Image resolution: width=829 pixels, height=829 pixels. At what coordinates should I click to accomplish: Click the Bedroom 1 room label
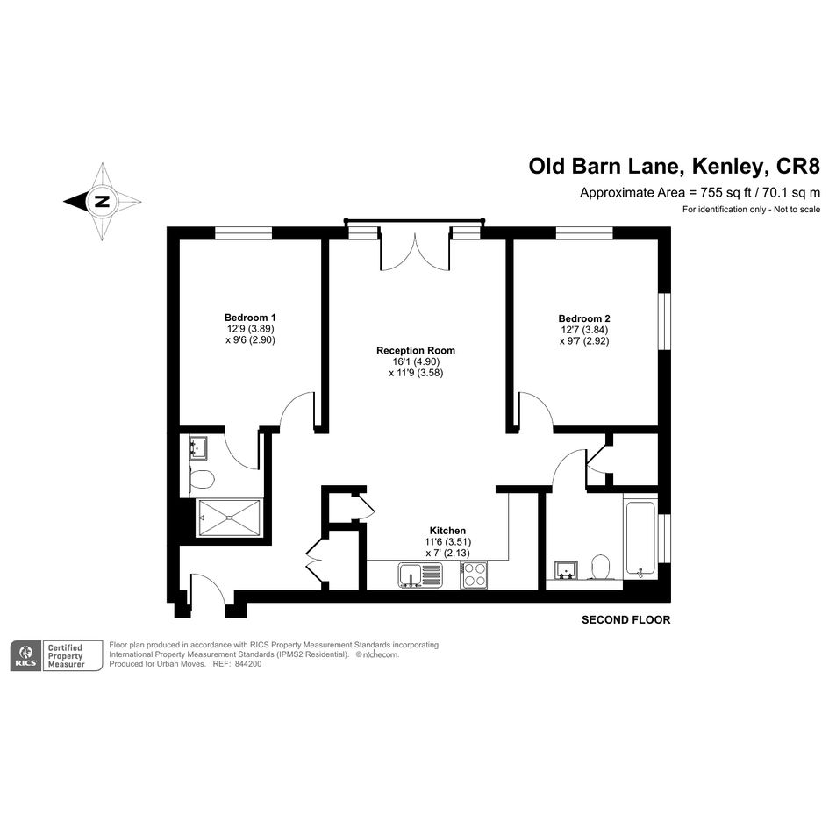(250, 318)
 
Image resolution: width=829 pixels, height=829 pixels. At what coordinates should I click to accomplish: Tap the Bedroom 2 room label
(584, 318)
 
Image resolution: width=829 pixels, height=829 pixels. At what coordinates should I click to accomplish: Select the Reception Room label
(416, 351)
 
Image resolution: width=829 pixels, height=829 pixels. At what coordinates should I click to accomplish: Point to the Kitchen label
(447, 531)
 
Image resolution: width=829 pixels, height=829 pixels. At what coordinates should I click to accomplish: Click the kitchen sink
(420, 575)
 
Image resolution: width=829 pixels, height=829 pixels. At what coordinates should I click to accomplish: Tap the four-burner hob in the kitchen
(474, 575)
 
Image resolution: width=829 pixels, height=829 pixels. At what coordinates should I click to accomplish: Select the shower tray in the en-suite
(230, 518)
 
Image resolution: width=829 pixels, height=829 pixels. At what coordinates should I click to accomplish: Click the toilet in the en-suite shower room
(202, 480)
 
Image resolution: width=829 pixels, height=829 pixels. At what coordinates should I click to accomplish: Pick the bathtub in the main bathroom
(640, 539)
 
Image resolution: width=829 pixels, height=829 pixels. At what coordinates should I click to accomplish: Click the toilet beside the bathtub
(600, 567)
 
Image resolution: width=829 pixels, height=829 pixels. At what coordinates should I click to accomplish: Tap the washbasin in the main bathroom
(566, 570)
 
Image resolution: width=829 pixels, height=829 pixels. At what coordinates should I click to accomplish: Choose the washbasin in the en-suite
(198, 447)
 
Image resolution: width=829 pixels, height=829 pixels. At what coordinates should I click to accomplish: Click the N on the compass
(102, 202)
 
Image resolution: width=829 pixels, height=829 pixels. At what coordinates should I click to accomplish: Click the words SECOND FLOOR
(626, 619)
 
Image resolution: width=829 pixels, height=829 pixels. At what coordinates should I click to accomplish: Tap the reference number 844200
(248, 664)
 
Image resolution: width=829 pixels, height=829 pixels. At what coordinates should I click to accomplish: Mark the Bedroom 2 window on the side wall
(665, 321)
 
